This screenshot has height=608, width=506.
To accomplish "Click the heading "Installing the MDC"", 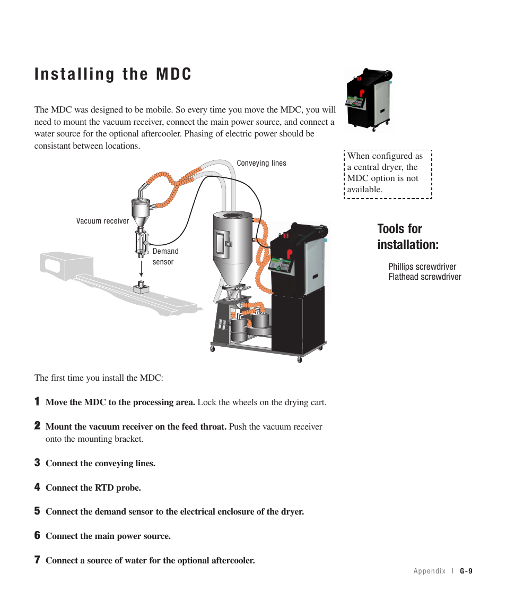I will [113, 74].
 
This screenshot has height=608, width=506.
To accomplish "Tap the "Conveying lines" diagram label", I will [261, 164].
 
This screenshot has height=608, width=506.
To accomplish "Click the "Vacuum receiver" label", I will [102, 221].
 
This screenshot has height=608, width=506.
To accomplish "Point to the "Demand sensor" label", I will [165, 256].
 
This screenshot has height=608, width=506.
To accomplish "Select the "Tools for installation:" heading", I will [407, 237].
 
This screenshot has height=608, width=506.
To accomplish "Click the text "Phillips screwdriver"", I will [422, 267].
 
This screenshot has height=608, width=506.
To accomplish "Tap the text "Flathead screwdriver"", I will [424, 277].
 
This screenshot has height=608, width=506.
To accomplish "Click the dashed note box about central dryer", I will [388, 174].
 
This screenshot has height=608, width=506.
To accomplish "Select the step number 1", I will [38, 401].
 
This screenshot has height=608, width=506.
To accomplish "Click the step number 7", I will [38, 560].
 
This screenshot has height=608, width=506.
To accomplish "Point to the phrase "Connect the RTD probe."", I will [93, 487].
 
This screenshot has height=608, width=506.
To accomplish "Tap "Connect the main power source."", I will [108, 536].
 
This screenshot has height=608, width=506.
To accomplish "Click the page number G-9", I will [466, 571].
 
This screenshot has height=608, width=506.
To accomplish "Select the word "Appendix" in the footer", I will [430, 571].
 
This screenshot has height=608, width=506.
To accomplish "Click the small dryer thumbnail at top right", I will [369, 100].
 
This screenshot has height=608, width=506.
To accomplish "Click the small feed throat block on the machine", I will [141, 287].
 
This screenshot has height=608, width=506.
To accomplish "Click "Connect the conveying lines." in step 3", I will [100, 463].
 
